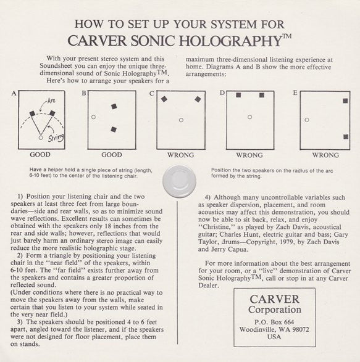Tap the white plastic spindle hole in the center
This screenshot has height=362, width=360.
179,181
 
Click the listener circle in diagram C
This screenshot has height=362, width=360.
181,120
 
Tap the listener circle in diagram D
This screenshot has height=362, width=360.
249,117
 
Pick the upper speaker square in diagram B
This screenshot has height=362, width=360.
114,107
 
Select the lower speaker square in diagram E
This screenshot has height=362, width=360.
345,137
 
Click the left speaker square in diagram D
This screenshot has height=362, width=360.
238,96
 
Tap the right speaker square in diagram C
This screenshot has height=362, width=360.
198,99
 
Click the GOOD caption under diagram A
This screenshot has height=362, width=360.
40,155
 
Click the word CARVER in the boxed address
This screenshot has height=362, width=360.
274,298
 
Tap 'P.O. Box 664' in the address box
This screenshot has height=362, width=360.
274,321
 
